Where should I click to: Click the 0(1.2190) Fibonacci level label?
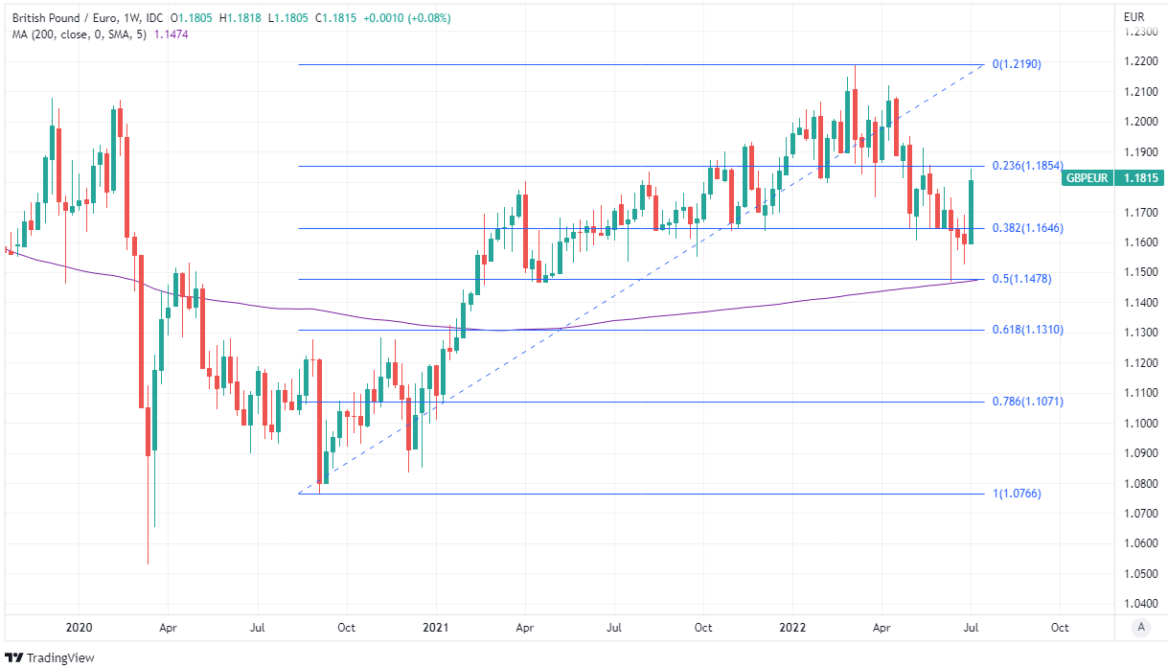coord(1016,64)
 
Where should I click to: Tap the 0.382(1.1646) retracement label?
coord(1027,228)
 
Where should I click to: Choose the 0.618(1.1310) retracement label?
coord(1027,330)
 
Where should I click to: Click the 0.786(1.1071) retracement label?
coord(1027,402)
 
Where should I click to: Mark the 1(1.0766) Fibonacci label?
coord(1016,494)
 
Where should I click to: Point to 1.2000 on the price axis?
coord(1139,122)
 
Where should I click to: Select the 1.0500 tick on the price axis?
coord(1139,574)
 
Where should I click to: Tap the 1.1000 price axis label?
coord(1139,424)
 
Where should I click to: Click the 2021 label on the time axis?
coord(436,628)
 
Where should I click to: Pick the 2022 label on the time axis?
coord(792,628)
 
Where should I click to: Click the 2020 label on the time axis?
coord(79,628)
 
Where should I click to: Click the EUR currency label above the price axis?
coord(1134,16)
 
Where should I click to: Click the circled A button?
coord(1139,628)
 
